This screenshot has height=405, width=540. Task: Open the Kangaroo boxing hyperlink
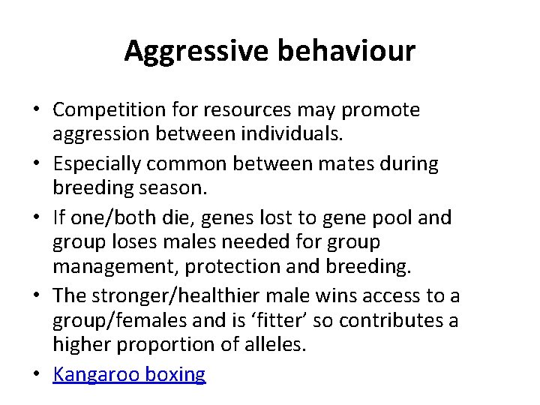pos(128,374)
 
